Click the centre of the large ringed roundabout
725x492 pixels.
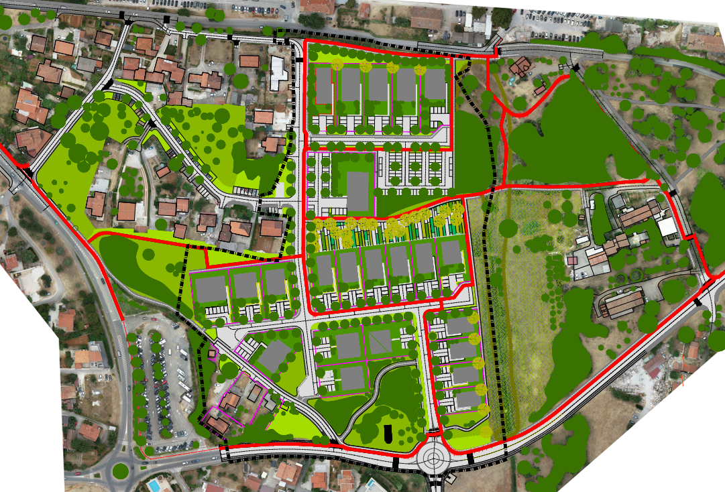(435, 460)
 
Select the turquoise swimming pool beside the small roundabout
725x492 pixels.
(154, 483)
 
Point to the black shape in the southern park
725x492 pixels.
(388, 436)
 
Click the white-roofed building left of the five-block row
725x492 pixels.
(278, 74)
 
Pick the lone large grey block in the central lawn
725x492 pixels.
(358, 191)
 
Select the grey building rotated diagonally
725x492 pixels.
(272, 356)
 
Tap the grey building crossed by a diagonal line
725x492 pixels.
(380, 342)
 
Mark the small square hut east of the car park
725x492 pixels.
(213, 353)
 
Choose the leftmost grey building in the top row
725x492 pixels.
(323, 86)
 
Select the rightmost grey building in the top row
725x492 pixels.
(435, 84)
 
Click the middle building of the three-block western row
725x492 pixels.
(245, 286)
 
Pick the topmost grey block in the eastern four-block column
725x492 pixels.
(460, 326)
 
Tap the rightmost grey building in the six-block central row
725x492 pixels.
(450, 253)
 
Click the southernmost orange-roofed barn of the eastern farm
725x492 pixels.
(622, 304)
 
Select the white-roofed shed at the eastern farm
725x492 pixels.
(667, 227)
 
